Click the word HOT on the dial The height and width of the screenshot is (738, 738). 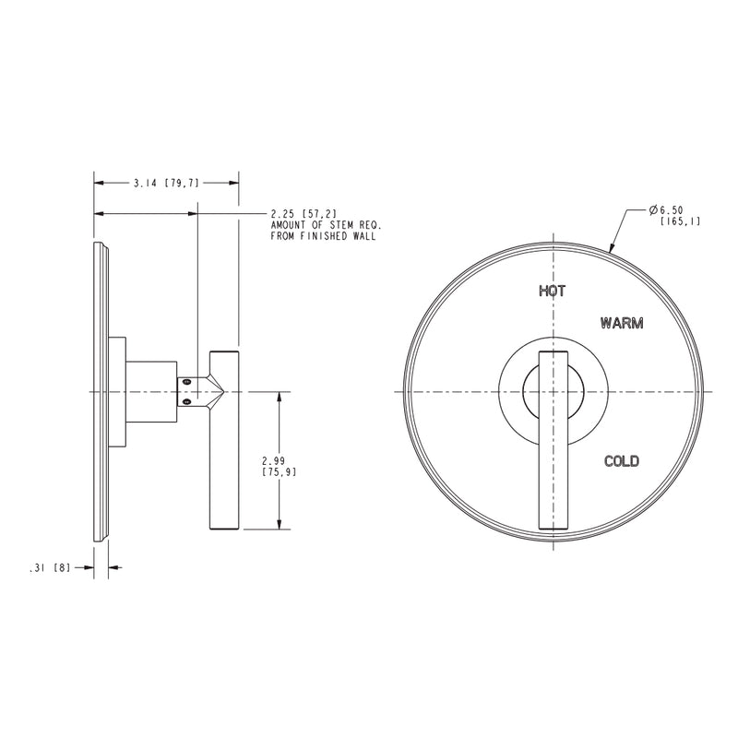552,291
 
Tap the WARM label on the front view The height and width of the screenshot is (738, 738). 621,324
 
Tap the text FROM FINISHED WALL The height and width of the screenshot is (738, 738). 322,237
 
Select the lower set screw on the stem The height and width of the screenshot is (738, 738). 187,400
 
